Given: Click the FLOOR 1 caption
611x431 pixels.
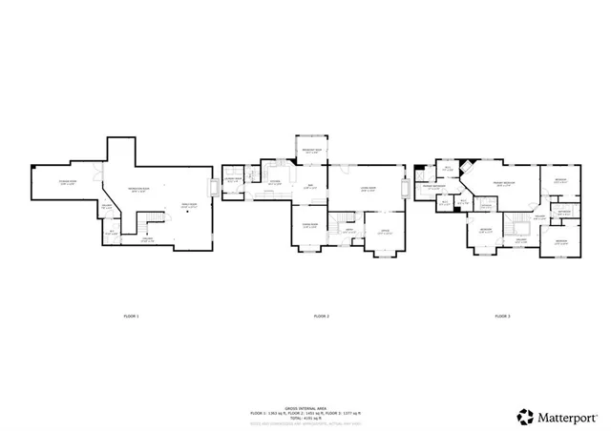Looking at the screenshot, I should [x=131, y=316].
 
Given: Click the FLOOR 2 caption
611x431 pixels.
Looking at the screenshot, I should [x=322, y=316].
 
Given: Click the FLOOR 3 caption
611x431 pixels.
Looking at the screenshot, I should [x=502, y=316].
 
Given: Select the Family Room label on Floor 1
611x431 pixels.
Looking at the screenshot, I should [x=189, y=205].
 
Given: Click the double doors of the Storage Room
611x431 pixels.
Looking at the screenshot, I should [x=100, y=173].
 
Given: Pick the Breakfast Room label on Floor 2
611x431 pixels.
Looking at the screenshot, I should [x=311, y=151].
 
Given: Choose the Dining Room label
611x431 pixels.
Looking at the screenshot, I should [x=310, y=226].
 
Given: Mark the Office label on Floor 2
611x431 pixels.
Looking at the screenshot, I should [x=385, y=232].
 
